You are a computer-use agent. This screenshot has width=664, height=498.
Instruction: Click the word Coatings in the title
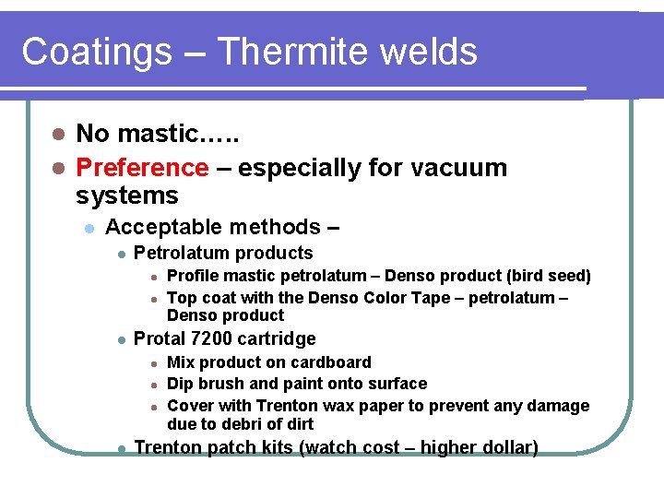pyautogui.click(x=96, y=52)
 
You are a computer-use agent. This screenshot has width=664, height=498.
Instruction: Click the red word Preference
pyautogui.click(x=142, y=168)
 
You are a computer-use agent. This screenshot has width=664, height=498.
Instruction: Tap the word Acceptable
pyautogui.click(x=163, y=227)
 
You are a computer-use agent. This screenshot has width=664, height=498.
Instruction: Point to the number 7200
pyautogui.click(x=210, y=338)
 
